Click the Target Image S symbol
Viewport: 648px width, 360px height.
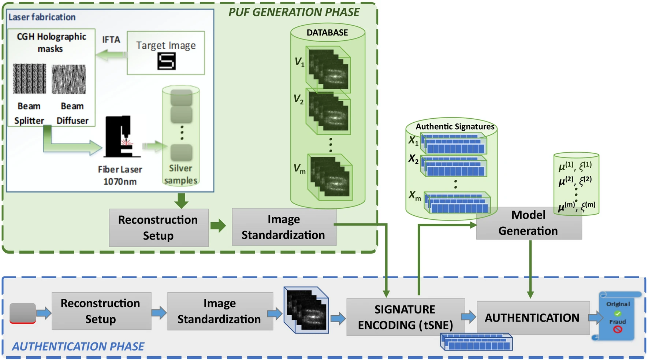[x=166, y=61]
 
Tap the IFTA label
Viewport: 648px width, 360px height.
[x=111, y=40]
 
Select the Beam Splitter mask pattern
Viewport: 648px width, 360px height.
[x=30, y=78]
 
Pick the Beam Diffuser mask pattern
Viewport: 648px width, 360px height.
[x=69, y=79]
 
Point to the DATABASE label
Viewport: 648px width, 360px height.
[x=327, y=33]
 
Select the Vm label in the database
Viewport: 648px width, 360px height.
[x=299, y=169]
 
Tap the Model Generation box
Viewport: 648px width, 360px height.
[x=528, y=223]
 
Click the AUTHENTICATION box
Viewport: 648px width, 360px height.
[x=532, y=318]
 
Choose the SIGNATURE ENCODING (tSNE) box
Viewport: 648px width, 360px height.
[x=405, y=317]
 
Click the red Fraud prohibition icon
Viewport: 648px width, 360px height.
[x=618, y=329]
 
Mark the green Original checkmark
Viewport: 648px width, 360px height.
[x=618, y=313]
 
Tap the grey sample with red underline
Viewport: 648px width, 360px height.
[x=23, y=313]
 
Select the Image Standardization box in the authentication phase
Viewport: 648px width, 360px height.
[x=220, y=311]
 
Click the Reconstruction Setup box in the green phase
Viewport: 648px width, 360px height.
[x=158, y=227]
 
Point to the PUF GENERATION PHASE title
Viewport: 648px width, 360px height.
[x=294, y=12]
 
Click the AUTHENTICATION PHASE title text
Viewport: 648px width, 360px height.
[x=78, y=346]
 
